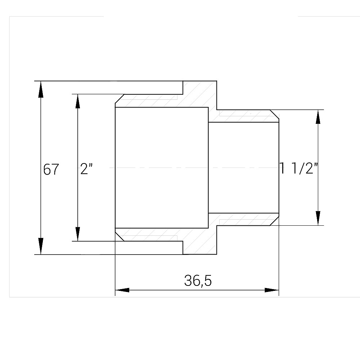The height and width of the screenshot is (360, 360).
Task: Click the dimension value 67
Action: [x=51, y=169]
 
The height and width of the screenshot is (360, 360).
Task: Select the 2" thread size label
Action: [x=86, y=169]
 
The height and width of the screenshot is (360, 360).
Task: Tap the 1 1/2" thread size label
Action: [x=299, y=168]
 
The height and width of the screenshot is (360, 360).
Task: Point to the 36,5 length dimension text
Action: [x=198, y=281]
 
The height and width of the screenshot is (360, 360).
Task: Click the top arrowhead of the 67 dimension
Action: [x=41, y=89]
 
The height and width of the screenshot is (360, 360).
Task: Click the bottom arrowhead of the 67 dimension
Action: [x=41, y=246]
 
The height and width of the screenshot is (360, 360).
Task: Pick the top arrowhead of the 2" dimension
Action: [x=78, y=101]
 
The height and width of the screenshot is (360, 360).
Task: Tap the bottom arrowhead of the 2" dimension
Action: [x=78, y=234]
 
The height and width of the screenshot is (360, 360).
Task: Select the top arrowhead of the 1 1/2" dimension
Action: [x=318, y=117]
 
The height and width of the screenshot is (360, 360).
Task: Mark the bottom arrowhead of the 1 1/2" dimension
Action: [x=318, y=219]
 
